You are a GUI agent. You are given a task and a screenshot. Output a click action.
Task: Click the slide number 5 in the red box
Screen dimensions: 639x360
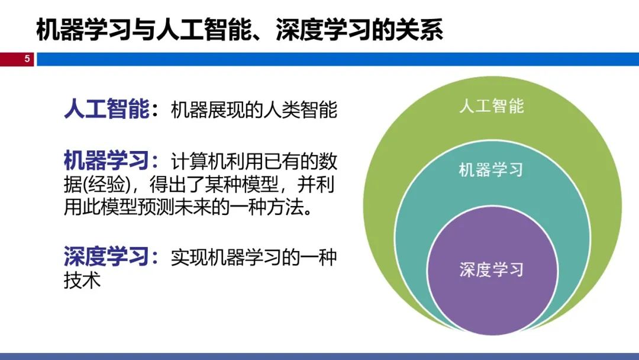tap(27, 59)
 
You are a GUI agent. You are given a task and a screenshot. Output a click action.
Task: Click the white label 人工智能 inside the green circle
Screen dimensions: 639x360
tap(492, 106)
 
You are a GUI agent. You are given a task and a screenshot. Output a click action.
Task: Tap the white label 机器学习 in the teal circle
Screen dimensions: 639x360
tap(490, 169)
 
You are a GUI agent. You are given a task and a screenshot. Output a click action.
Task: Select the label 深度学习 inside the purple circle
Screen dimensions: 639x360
tap(492, 269)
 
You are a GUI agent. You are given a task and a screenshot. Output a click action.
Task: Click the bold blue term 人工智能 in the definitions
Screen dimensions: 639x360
tap(106, 109)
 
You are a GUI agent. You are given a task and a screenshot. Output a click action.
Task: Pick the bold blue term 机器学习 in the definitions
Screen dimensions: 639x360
tap(106, 160)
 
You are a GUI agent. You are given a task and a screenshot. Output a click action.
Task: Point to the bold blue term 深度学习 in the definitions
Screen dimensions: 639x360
tap(106, 256)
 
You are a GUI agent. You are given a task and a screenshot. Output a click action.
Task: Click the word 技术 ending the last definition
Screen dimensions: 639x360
tap(82, 280)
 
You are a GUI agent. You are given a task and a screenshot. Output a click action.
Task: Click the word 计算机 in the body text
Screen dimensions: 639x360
tap(198, 161)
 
